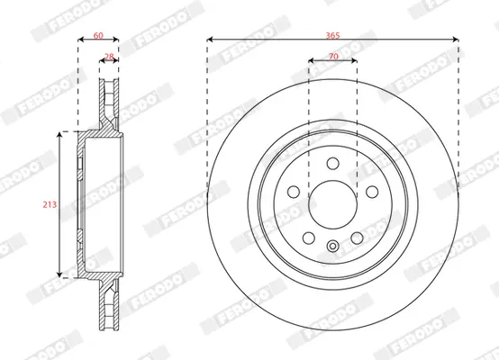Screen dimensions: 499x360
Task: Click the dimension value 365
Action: pos(332,35)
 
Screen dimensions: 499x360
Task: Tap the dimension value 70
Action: pos(333,57)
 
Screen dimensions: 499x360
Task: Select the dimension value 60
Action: pos(98,35)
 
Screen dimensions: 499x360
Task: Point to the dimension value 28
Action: pos(109,57)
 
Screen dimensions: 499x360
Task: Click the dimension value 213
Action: pos(50,204)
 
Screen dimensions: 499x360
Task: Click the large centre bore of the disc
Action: pos(333,204)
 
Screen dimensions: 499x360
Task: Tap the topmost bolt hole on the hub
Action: pos(333,164)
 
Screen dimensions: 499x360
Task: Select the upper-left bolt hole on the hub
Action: pos(294,192)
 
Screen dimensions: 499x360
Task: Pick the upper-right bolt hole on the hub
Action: pos(372,192)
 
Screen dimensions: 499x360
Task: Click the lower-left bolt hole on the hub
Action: pos(309,238)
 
